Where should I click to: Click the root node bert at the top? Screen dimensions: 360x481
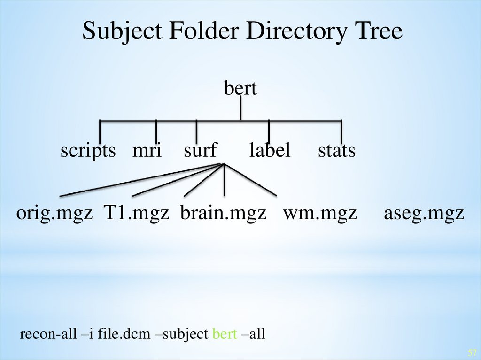pos(240,88)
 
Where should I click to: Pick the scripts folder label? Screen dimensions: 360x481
pos(88,151)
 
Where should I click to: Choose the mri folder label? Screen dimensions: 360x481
pos(147,151)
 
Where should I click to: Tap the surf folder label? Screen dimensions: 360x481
pos(200,151)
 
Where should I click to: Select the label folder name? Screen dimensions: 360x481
pos(270,151)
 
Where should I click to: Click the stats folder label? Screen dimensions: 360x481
pos(336,151)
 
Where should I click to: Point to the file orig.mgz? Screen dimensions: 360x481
pos(54,214)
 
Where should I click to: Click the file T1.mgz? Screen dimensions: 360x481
pos(136,214)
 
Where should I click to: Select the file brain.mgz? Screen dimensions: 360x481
pos(223,214)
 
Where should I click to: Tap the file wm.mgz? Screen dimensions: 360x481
pos(320,214)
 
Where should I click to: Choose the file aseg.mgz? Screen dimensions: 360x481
pos(424,214)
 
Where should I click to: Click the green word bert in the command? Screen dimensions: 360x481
pos(225,334)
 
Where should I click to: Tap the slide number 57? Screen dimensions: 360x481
pos(472,352)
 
